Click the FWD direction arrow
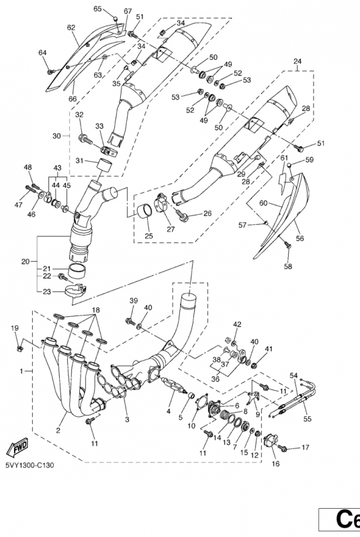point(17,448)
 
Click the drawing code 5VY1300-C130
point(30,465)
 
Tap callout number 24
point(298,62)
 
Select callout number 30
point(56,136)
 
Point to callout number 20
point(26,262)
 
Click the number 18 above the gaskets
point(95,310)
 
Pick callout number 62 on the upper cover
point(71,28)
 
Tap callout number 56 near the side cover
point(300,238)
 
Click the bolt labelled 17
point(283,447)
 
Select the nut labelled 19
point(20,348)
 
